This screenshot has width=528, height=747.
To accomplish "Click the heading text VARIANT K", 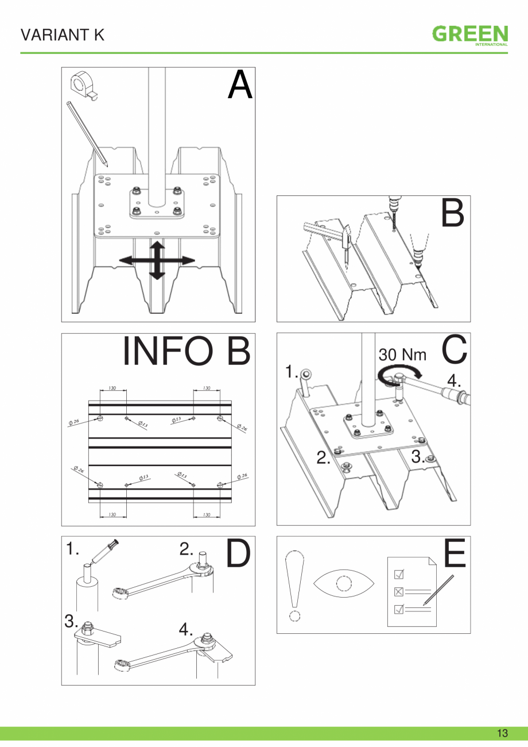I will [63, 35].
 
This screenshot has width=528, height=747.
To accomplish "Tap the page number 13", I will [502, 733].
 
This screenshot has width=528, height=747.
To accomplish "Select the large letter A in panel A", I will [239, 86].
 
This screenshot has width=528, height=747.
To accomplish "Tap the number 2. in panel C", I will [324, 457].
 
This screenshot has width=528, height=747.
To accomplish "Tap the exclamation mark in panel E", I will [294, 586].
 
